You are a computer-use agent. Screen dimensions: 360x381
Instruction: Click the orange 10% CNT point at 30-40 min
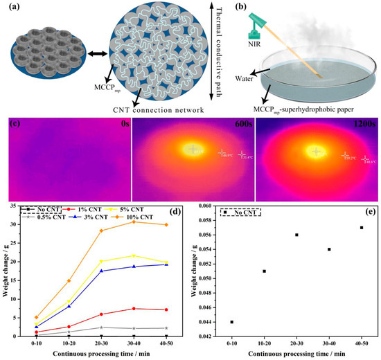coord(135,222)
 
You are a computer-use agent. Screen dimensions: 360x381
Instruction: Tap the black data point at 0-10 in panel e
coord(231,322)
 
